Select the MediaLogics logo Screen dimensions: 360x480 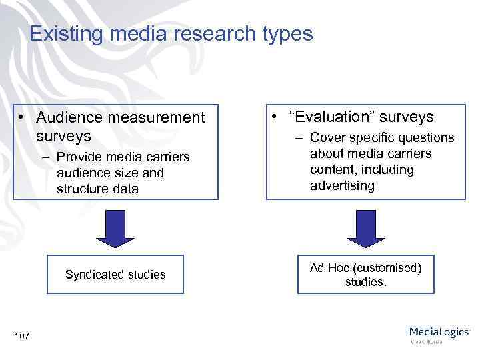pyautogui.click(x=439, y=333)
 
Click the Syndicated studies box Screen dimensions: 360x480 pyautogui.click(x=115, y=274)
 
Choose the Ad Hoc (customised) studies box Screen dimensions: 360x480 pyautogui.click(x=365, y=274)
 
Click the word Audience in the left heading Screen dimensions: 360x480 pyautogui.click(x=67, y=117)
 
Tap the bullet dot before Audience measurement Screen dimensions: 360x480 pyautogui.click(x=23, y=117)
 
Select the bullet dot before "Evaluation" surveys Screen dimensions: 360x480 pyautogui.click(x=275, y=117)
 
